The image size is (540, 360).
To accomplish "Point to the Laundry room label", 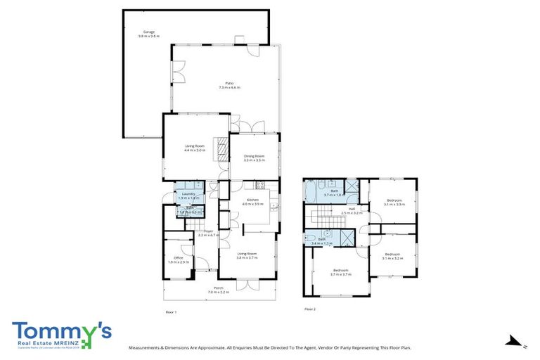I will tap(188, 195).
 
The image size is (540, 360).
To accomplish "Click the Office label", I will tap(178, 259).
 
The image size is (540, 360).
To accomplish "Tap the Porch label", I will tap(219, 290).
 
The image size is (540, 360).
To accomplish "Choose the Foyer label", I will tap(209, 233).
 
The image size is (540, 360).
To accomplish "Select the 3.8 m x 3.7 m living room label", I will tap(246, 255).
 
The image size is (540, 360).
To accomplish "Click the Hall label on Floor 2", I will tap(351, 210).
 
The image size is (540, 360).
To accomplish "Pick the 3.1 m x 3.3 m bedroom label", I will tap(394, 202).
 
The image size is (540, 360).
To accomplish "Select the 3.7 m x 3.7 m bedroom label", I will tap(340, 272).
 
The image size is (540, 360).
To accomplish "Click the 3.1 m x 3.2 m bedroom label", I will tap(392, 256).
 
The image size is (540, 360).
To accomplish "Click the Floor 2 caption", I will tap(310, 309).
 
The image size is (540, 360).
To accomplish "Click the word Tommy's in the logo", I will tap(61, 330).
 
